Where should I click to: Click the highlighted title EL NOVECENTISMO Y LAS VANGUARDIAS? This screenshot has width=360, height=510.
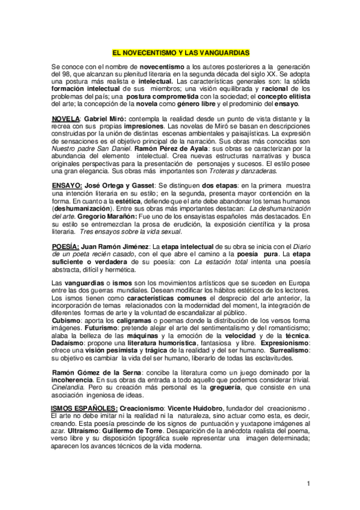180,53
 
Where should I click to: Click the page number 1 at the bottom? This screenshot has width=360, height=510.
307,483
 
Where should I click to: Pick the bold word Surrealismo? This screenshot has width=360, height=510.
281,350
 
